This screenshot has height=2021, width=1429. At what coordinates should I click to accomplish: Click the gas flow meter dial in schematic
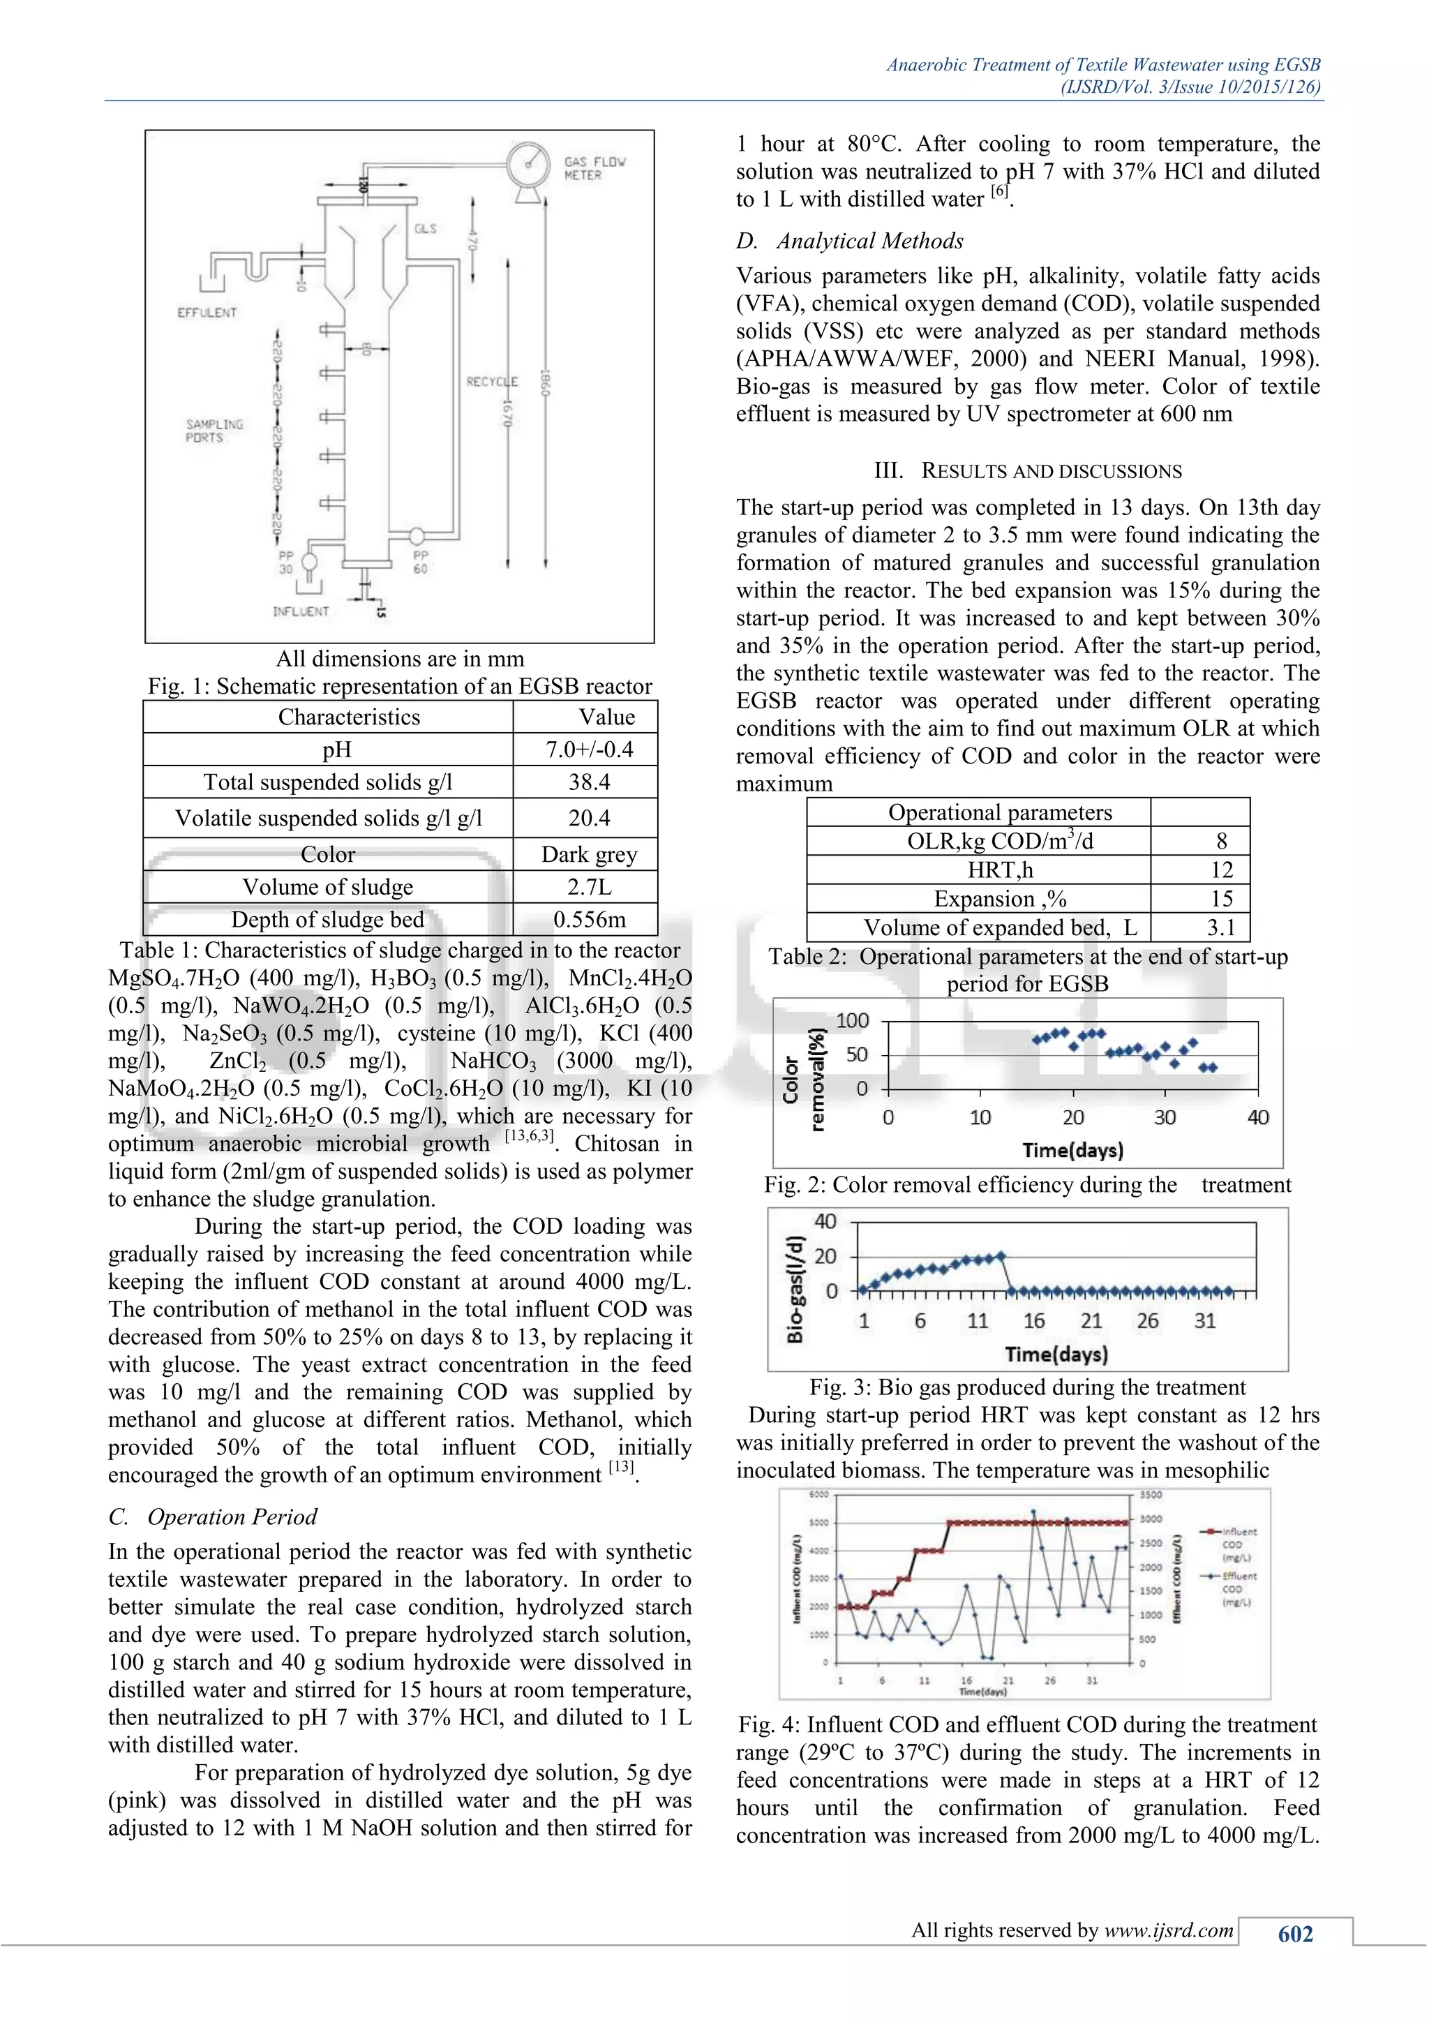coord(529,163)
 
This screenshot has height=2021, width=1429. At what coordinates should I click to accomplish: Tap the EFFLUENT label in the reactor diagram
coord(207,313)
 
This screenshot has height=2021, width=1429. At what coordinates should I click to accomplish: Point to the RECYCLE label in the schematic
coord(492,381)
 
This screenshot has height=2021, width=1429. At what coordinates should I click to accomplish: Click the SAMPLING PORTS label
coord(214,431)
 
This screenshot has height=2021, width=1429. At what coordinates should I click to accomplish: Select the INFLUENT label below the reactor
coord(300,611)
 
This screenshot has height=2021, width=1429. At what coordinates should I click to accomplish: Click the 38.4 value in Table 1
coord(589,782)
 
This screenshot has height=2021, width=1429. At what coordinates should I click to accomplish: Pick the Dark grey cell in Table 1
coord(589,853)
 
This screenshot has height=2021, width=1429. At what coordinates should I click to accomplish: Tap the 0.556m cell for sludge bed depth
coord(589,919)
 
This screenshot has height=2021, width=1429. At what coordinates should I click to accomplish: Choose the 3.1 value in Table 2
coord(1220,927)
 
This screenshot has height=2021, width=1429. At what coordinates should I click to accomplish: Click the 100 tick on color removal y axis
coord(852,1020)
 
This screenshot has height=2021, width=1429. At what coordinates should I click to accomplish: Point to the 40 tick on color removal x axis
coord(1257,1117)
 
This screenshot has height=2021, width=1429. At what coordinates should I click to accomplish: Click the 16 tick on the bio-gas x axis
coord(1034,1320)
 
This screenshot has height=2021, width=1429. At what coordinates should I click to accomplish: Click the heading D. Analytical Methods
coord(849,241)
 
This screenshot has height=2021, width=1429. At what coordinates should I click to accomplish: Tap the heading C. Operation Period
coord(212,1516)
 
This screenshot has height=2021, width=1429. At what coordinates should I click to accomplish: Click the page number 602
coord(1294,1934)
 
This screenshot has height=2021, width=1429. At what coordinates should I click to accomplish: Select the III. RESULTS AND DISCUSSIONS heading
coord(1027,471)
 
